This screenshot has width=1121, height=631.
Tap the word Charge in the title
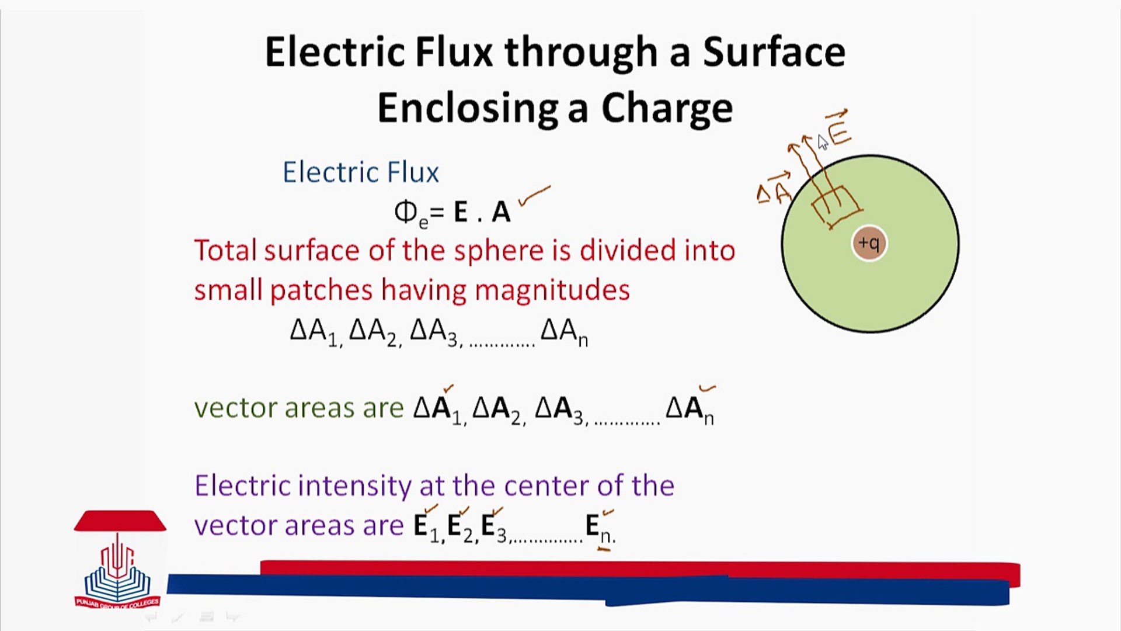tap(667, 109)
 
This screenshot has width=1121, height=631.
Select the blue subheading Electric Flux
tap(361, 172)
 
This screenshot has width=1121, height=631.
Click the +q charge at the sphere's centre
tap(869, 243)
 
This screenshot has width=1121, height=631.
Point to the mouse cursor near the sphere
tap(822, 142)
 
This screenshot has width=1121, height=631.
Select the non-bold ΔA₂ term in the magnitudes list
tap(375, 332)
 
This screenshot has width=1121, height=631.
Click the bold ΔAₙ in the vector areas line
tap(690, 409)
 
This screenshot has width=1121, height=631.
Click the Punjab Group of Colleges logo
tap(119, 561)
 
